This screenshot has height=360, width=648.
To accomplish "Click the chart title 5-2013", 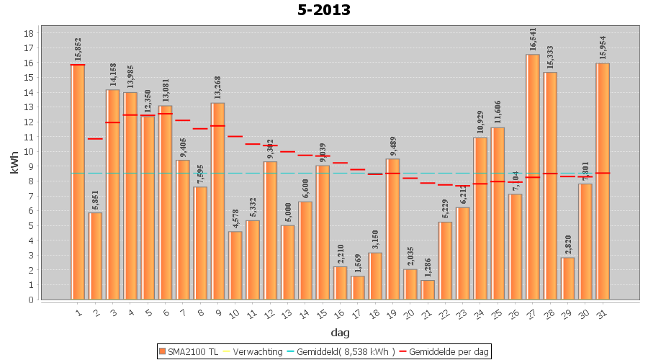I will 324,10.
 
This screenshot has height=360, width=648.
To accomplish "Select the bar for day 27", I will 533,176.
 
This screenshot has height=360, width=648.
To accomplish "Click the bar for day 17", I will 358,287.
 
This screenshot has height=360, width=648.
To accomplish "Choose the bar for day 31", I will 603,181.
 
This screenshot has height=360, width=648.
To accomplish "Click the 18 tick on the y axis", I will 29,33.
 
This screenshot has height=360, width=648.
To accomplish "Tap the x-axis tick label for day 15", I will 323,313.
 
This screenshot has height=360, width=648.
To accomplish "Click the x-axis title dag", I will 341,333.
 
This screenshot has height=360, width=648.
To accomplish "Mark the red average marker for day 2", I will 95,138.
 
